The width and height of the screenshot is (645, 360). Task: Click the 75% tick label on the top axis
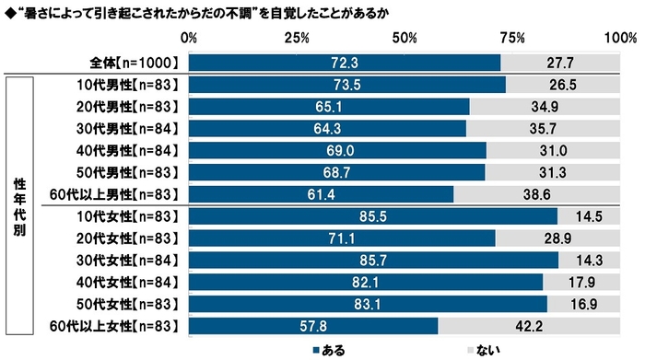point(512,38)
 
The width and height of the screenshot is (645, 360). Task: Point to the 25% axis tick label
point(296,38)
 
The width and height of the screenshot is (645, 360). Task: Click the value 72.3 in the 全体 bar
point(345,63)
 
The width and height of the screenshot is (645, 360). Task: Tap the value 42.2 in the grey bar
point(533,325)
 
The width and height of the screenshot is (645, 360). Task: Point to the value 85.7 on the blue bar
point(373,260)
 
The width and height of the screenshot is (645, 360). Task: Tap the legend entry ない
point(482,349)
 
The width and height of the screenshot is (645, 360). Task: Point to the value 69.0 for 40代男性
point(337,150)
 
